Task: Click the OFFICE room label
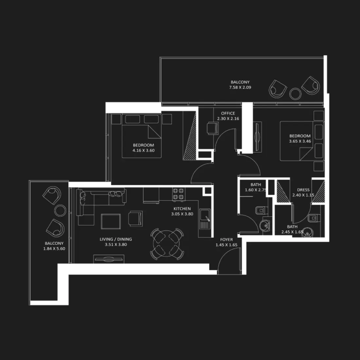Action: click(x=228, y=113)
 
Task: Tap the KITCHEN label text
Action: click(x=182, y=209)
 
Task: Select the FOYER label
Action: click(x=226, y=240)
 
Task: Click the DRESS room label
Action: click(x=303, y=190)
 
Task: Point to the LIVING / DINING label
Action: click(x=116, y=239)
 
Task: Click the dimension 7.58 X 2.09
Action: click(x=240, y=87)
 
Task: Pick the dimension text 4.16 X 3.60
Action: click(x=143, y=151)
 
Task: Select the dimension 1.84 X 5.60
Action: click(x=54, y=249)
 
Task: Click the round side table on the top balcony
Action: click(x=296, y=94)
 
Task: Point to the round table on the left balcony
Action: click(x=60, y=210)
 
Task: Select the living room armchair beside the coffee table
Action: click(x=135, y=219)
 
